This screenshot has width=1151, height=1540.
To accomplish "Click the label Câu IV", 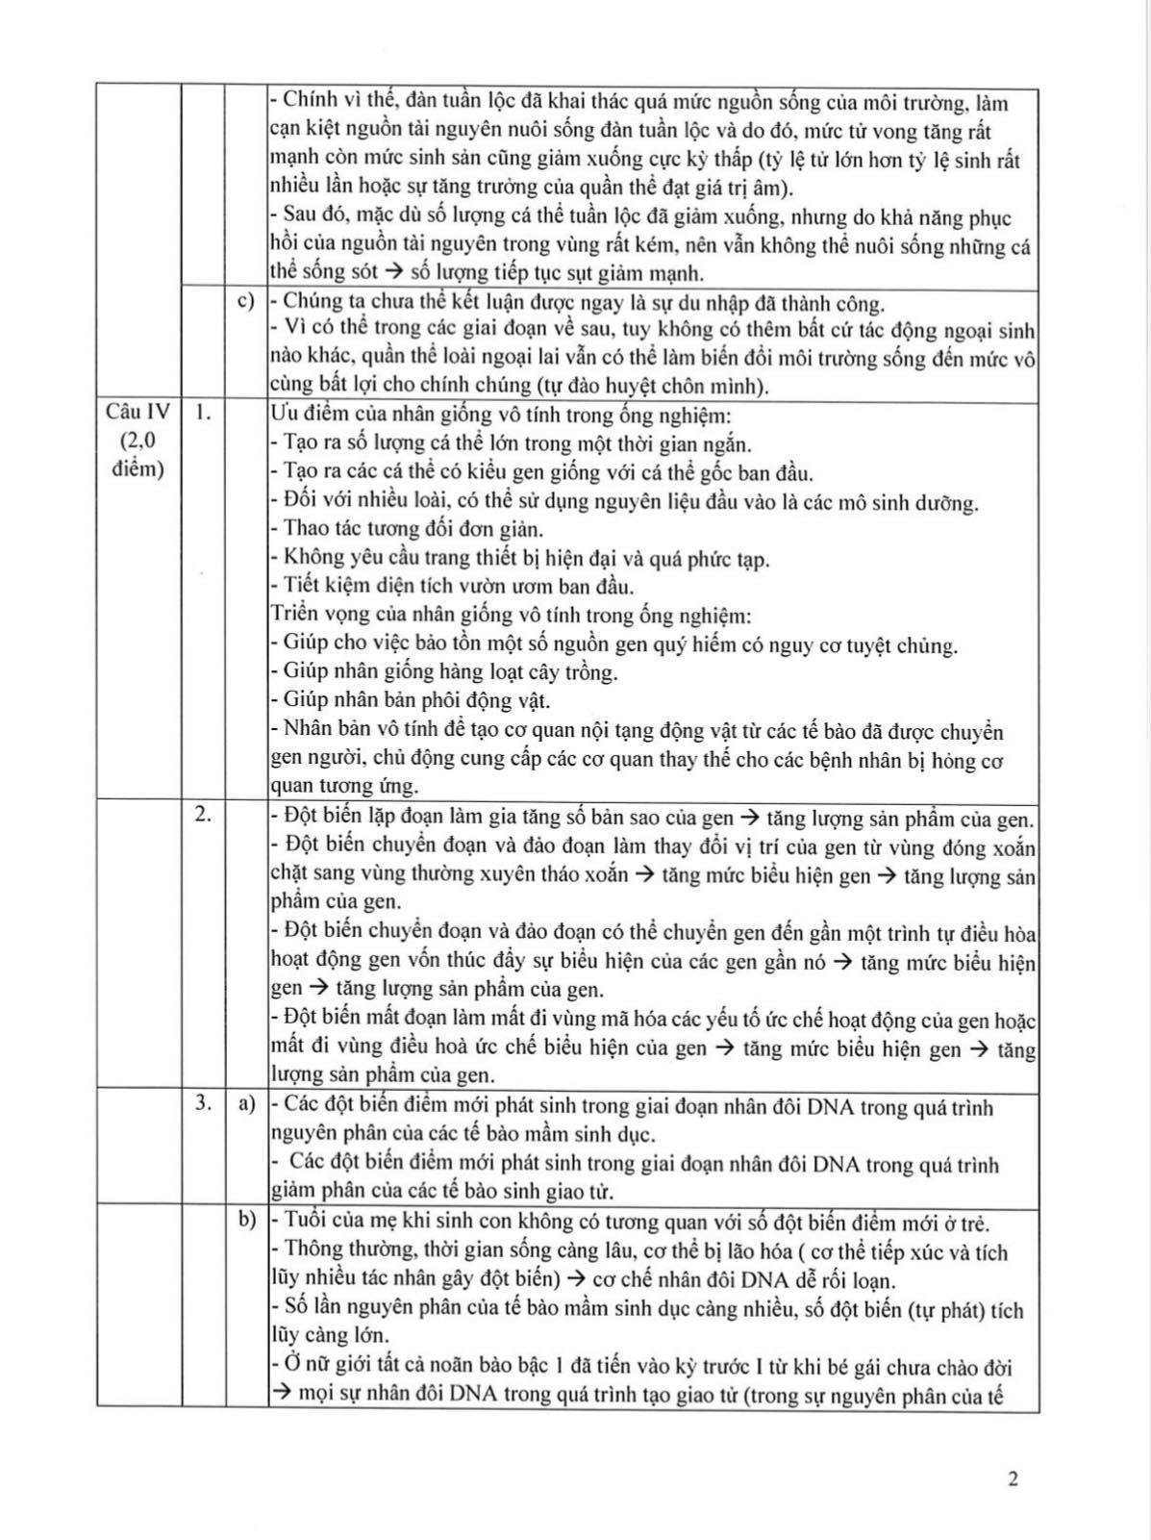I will click(x=138, y=412).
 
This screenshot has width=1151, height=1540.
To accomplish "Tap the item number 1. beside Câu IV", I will click(x=203, y=412).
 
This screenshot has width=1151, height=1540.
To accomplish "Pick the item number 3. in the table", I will click(x=203, y=1103).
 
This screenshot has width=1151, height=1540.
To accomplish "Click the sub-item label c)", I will click(x=246, y=301).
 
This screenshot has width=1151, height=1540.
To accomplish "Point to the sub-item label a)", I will click(x=246, y=1104).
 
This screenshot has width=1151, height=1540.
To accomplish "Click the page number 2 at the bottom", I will click(x=1013, y=1478).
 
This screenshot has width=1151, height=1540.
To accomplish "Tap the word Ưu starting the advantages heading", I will click(x=285, y=416).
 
